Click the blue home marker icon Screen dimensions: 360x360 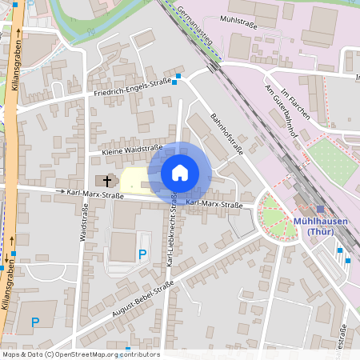click(x=180, y=172)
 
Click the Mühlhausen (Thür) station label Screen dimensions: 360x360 click(x=319, y=226)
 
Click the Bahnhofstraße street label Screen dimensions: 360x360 click(x=226, y=130)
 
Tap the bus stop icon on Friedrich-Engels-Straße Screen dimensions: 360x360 click(x=178, y=77)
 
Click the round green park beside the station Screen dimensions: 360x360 click(x=276, y=215)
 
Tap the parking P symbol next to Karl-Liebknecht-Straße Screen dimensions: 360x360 click(x=142, y=254)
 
